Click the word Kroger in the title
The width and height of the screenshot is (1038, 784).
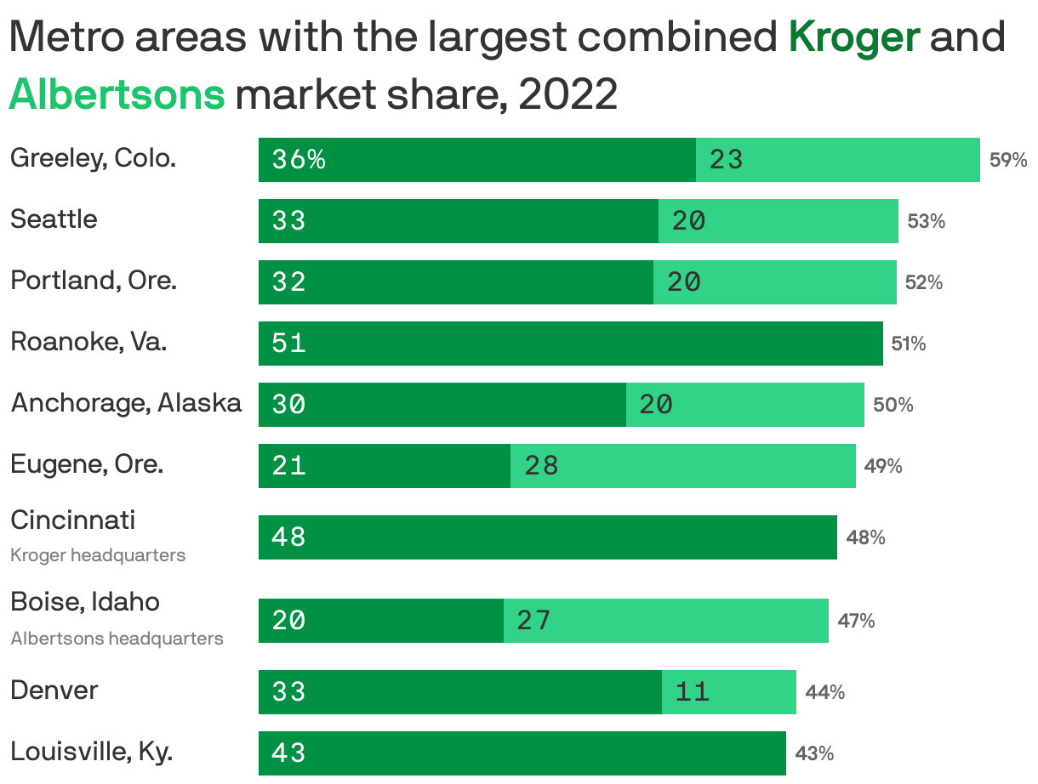[x=854, y=38]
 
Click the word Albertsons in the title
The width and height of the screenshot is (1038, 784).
[x=117, y=95]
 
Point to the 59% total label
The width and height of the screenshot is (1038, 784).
[x=1008, y=160]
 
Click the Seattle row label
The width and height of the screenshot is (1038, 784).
[x=54, y=219]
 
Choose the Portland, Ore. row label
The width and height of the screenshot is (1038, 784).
[x=94, y=281]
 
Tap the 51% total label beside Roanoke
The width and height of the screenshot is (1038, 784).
[x=909, y=344]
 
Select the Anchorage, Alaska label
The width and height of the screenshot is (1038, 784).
[x=126, y=403]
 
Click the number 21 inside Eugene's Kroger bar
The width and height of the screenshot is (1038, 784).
[x=289, y=466]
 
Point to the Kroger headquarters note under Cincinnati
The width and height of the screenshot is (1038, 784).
[x=98, y=555]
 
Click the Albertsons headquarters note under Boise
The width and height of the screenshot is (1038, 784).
[x=117, y=639]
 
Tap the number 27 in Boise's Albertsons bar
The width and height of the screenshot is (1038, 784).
[x=534, y=621]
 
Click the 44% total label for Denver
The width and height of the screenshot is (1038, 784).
[x=825, y=692]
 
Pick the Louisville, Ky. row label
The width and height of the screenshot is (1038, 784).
[x=92, y=752]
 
